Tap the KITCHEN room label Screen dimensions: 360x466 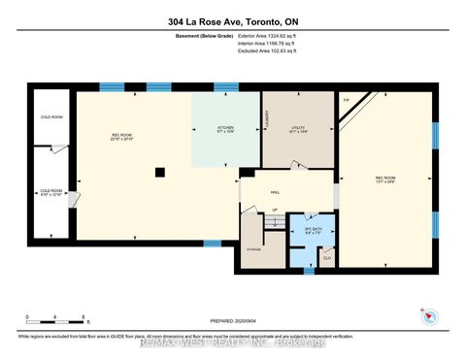coord(225,131)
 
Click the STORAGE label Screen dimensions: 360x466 coord(254,248)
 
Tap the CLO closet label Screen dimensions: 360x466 coord(326,257)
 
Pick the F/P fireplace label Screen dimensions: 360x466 coord(345,100)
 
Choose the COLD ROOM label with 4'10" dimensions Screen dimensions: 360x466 coord(50,192)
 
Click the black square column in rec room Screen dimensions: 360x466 coord(160,173)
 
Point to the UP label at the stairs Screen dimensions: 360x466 coord(275,210)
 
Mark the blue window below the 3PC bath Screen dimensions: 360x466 coord(310,270)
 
